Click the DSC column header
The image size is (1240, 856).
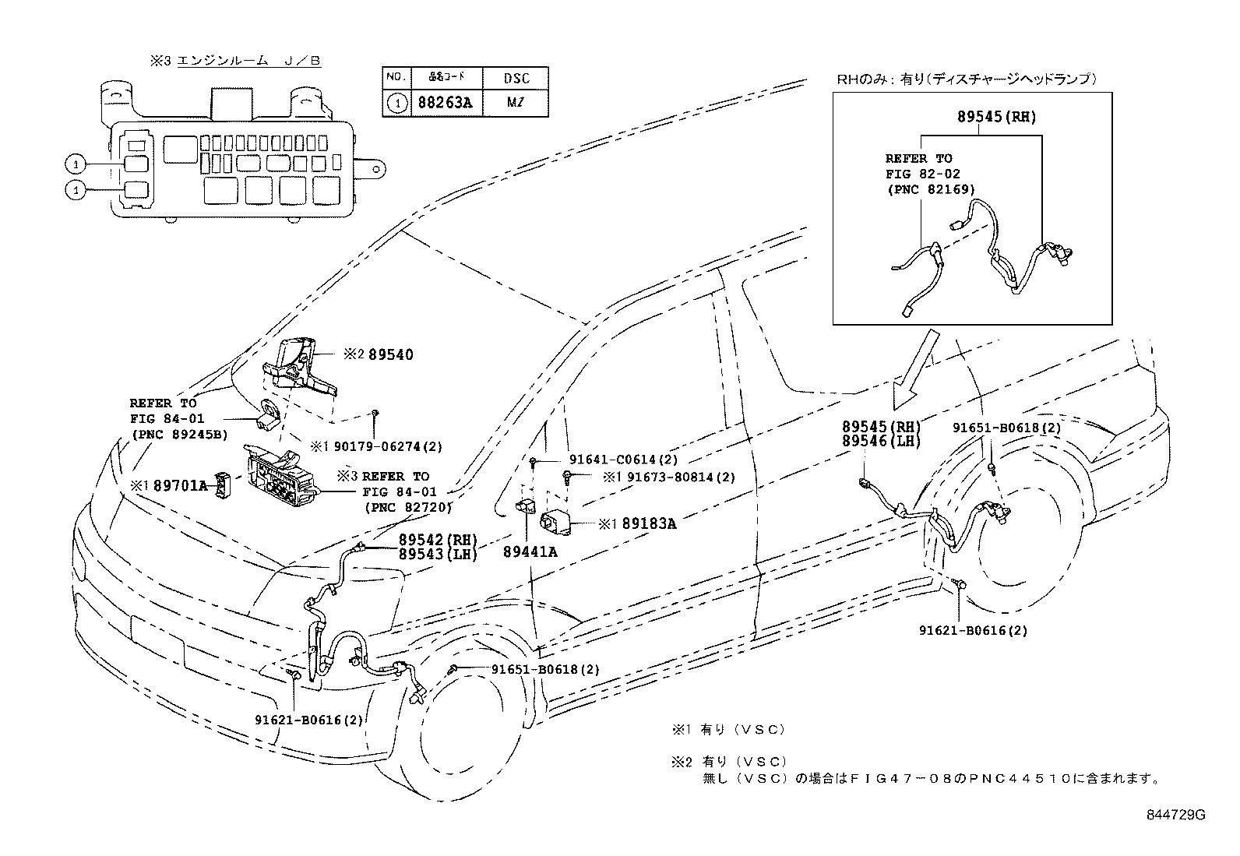pos(516,79)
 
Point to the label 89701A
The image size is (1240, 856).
pos(181,486)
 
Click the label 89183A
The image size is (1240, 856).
pos(648,524)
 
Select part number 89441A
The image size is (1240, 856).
pos(530,552)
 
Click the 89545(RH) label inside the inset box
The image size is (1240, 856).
pos(996,117)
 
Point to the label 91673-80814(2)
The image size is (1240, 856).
pos(680,477)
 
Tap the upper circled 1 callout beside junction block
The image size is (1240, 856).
pos(76,164)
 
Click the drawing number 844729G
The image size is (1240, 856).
pos(1175,815)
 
